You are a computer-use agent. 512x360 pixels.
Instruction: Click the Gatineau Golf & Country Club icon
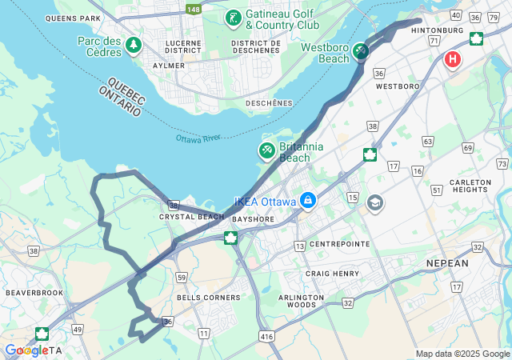(233, 18)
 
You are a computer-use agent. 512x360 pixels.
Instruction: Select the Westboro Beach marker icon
(361, 52)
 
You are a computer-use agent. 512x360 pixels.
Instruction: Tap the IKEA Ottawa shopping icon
(307, 199)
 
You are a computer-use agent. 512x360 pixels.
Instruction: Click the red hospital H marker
(453, 60)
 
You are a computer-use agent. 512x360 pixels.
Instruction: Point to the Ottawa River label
(198, 138)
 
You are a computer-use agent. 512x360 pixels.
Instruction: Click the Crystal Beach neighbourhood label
(191, 217)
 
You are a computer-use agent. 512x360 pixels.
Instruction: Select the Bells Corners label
(208, 298)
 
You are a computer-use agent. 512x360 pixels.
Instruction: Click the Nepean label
(447, 262)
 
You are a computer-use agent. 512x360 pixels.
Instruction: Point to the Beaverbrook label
(34, 293)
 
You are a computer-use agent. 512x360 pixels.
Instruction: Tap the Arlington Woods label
(301, 301)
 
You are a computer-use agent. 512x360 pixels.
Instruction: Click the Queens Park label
(74, 18)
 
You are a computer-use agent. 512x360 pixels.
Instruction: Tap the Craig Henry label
(329, 274)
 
